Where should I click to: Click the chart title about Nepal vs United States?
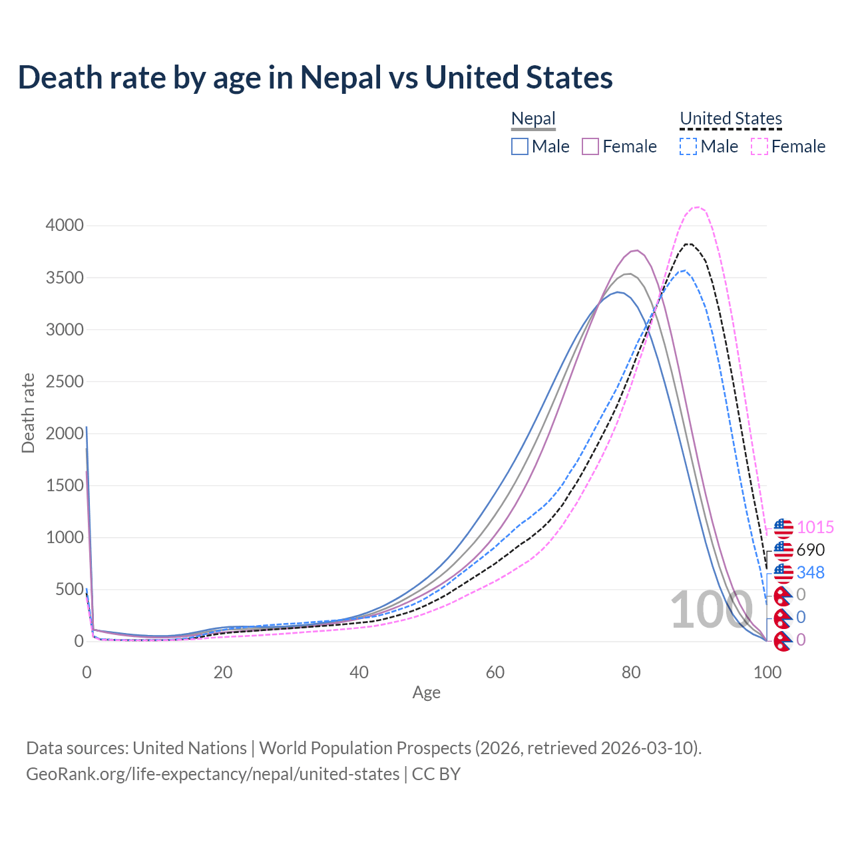315,77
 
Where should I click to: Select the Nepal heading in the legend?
533,118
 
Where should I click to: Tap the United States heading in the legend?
730,118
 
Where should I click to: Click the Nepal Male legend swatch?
520,146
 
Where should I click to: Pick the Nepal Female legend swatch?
590,146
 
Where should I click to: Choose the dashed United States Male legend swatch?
688,146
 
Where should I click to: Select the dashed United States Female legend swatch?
759,146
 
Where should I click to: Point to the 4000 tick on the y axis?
65,226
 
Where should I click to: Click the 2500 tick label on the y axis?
65,381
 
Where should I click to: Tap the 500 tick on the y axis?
69,590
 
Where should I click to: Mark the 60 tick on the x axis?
495,672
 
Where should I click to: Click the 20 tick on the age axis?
223,672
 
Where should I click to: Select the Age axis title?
426,692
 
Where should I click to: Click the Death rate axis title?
28,413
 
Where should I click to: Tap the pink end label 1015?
815,528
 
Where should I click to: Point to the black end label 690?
810,550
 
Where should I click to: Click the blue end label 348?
810,572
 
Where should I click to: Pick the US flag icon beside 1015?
783,529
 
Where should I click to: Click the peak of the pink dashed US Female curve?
697,207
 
